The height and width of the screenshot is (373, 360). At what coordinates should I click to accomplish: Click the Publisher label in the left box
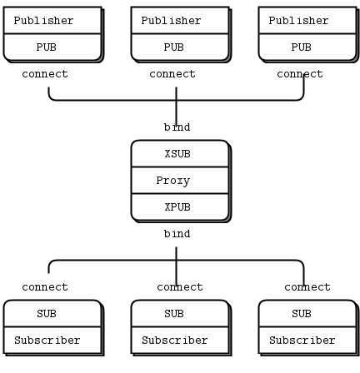click(43, 21)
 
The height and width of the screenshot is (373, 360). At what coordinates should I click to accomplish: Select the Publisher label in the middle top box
click(171, 21)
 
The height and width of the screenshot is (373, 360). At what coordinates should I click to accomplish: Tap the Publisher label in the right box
click(298, 21)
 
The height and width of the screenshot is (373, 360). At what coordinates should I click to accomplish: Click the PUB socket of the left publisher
click(47, 47)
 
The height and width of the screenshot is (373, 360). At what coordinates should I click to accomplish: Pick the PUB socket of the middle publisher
click(174, 47)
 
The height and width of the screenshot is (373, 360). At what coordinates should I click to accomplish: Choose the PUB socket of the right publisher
click(302, 47)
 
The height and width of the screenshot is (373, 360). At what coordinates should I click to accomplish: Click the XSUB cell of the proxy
click(177, 154)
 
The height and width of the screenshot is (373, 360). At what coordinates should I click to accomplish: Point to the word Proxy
click(173, 181)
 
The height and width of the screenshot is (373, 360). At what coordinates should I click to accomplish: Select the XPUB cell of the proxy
click(177, 207)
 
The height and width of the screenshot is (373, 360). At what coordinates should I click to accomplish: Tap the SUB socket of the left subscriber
click(47, 314)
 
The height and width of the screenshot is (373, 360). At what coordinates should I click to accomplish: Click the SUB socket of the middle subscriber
click(174, 314)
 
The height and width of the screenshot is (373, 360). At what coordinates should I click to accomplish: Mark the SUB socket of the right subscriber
click(302, 314)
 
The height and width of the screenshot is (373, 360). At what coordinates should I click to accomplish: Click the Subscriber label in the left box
click(47, 341)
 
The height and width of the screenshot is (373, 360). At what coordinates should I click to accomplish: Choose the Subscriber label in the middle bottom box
click(175, 341)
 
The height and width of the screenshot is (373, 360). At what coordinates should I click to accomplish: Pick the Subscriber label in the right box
click(302, 341)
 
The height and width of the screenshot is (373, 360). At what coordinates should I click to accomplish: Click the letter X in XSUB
click(167, 154)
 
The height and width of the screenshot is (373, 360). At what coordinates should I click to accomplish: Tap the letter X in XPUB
click(167, 207)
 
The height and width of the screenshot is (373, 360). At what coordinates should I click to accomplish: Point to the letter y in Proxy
click(187, 182)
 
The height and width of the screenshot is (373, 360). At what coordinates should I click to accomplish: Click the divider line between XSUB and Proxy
click(180, 167)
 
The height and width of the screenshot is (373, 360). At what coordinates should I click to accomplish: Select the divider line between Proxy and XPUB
click(180, 194)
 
